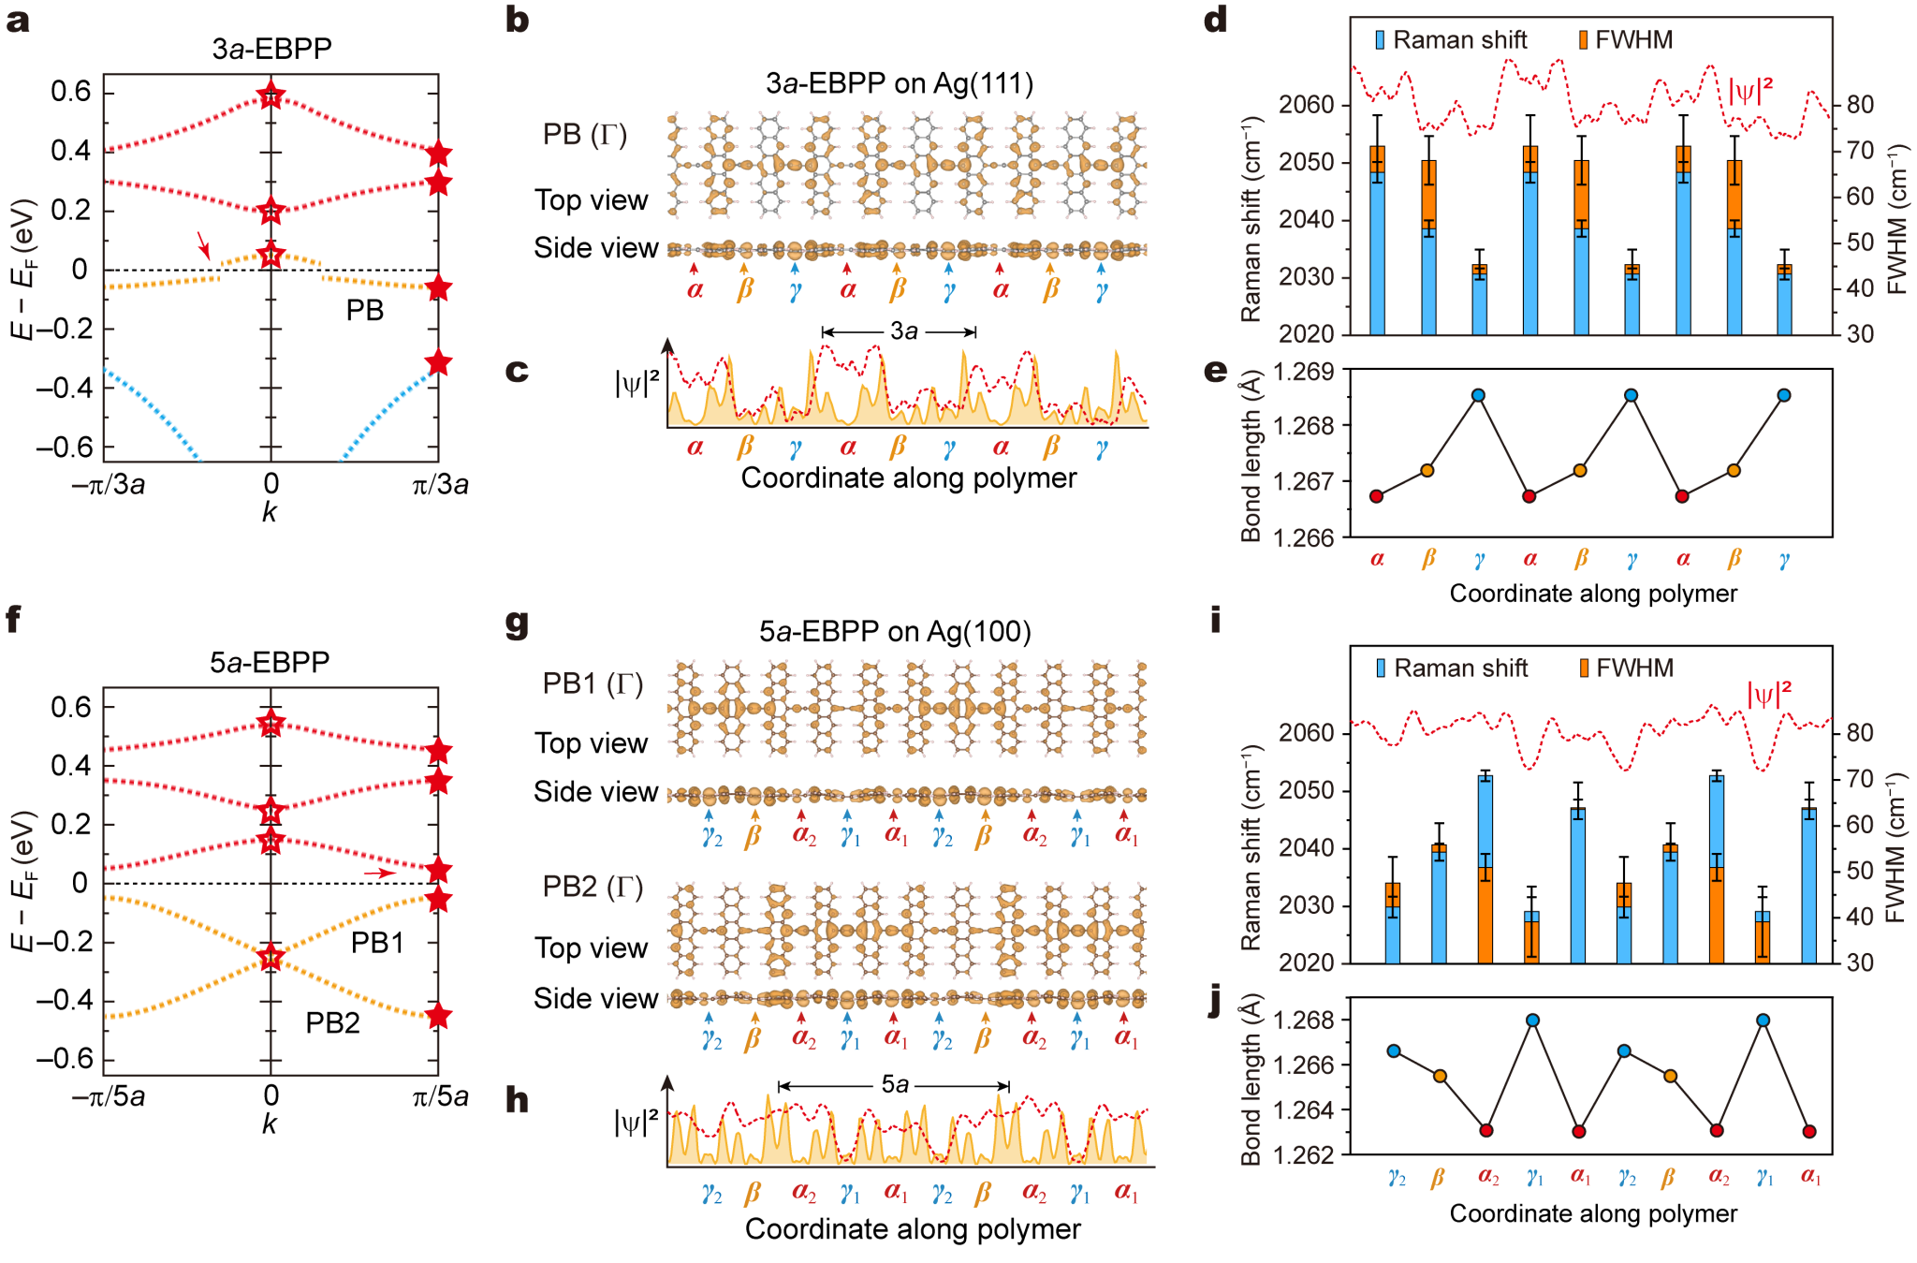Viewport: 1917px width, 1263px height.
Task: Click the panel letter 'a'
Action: click(x=18, y=21)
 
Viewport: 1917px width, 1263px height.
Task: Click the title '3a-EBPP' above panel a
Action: click(x=271, y=49)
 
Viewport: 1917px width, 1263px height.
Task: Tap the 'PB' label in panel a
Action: click(x=364, y=311)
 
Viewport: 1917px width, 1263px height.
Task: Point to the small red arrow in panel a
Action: click(x=203, y=245)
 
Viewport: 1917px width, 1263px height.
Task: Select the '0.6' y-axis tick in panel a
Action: click(x=70, y=92)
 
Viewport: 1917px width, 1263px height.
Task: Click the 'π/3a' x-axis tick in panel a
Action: click(x=440, y=484)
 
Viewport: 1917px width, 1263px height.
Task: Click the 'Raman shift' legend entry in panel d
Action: click(x=1451, y=40)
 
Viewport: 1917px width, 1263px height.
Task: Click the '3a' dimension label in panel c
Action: click(x=903, y=331)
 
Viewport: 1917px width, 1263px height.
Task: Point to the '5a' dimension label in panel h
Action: click(x=895, y=1085)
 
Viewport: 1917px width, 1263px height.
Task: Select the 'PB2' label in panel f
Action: click(x=332, y=1023)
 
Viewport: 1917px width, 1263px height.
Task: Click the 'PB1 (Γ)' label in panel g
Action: click(x=593, y=684)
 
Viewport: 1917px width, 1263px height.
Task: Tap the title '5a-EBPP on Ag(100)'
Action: click(x=895, y=632)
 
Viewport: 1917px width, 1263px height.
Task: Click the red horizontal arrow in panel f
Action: click(x=379, y=874)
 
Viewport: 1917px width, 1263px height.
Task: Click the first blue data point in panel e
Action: click(x=1478, y=395)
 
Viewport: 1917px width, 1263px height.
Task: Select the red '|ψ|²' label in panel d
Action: click(x=1749, y=92)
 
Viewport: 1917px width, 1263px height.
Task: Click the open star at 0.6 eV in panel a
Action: click(x=271, y=95)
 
